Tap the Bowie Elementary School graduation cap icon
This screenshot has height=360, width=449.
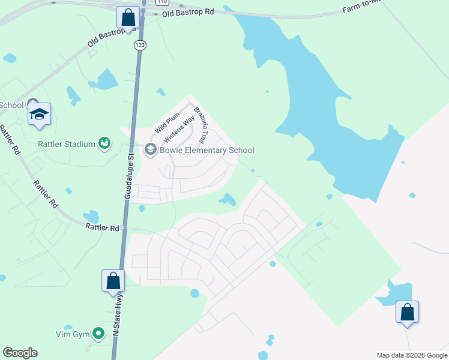pos(150,150)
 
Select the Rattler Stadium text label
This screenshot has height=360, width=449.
pos(67,144)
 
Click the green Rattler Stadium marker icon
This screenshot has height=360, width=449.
pos(104,143)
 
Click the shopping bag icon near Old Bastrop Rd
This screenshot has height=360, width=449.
pos(128,17)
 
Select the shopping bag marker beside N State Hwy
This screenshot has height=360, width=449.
pos(113,281)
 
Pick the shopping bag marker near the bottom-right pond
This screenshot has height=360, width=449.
pos(407,312)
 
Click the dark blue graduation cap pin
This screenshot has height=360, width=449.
pos(39,114)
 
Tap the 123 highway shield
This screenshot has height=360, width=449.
pos(140,46)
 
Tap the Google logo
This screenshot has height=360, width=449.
pos(20,353)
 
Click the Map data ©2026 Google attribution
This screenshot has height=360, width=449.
pos(412,355)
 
